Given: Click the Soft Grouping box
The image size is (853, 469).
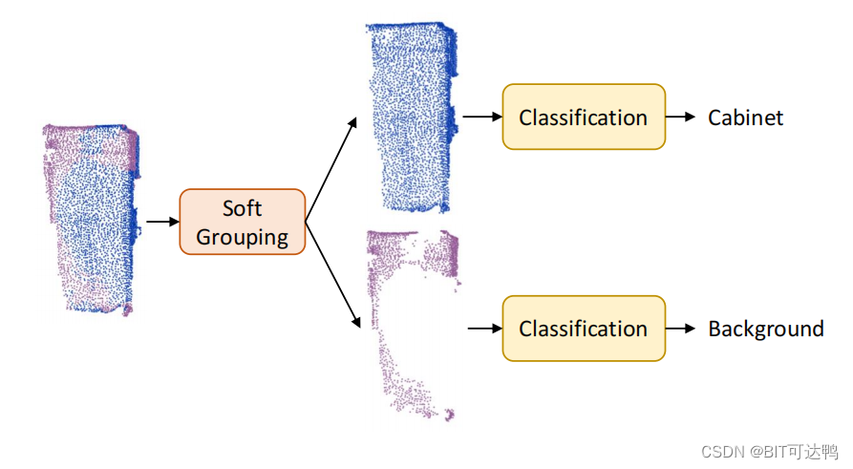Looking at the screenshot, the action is (243, 222).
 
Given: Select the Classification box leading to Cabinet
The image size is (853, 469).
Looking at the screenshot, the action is (584, 117).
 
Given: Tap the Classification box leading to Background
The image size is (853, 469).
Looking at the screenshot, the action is (584, 329).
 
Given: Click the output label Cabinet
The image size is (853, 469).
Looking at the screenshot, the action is (745, 117).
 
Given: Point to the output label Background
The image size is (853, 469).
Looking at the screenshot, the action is (765, 330).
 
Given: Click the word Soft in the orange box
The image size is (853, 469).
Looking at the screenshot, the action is (242, 208).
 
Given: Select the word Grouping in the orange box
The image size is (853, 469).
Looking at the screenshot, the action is (243, 236).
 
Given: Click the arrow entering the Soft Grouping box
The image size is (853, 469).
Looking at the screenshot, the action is (161, 222).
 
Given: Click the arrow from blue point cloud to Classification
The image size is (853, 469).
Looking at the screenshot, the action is (482, 117).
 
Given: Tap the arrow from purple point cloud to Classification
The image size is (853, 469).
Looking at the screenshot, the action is (484, 329).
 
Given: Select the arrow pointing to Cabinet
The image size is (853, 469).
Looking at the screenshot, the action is (680, 117).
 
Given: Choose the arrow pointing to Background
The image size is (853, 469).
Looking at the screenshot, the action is (680, 329).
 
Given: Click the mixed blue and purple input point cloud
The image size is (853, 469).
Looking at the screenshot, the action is (91, 218).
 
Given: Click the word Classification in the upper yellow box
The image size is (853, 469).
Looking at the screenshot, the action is (584, 117).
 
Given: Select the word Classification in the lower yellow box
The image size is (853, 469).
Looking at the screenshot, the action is (584, 330).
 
